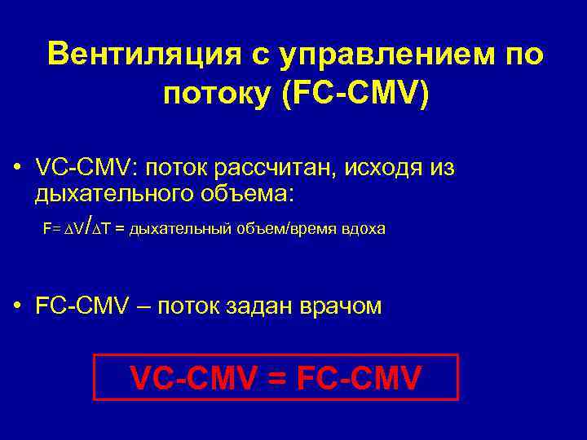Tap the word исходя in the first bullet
(x=384, y=169)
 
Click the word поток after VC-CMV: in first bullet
(x=179, y=169)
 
